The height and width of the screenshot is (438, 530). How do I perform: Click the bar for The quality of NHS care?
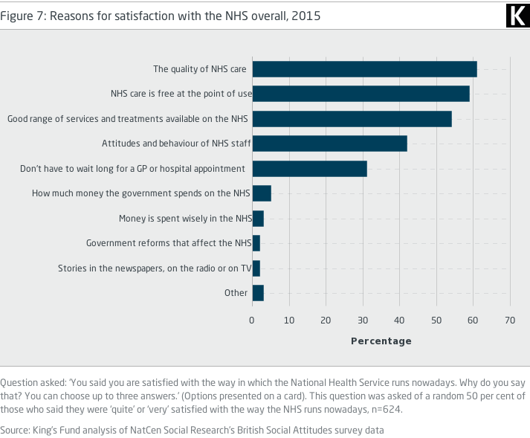tap(364, 69)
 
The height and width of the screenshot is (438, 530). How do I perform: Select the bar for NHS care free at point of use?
tap(361, 94)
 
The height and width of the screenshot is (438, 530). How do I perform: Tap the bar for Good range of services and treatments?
tap(352, 119)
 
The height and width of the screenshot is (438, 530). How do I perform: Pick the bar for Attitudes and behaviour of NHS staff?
tap(329, 144)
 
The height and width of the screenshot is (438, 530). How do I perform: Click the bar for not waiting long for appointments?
tap(309, 169)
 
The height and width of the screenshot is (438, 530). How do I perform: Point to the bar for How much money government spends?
tap(262, 193)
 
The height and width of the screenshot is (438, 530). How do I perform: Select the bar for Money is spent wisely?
tap(258, 219)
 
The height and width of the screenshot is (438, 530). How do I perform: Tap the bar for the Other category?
tap(258, 293)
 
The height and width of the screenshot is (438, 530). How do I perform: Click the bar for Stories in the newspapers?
tap(256, 268)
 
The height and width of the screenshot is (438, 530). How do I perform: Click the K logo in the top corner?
tap(515, 15)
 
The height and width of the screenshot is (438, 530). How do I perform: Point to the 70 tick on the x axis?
tap(509, 320)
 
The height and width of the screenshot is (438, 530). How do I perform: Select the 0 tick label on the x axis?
tap(252, 320)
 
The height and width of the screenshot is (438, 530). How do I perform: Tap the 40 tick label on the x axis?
tap(399, 320)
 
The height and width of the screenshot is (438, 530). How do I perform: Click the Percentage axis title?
tap(381, 341)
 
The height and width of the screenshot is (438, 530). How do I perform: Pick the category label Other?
tap(236, 293)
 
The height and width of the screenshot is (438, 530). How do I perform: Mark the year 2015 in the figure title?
tap(306, 16)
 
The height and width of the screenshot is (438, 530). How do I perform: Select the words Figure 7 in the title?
tap(22, 16)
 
